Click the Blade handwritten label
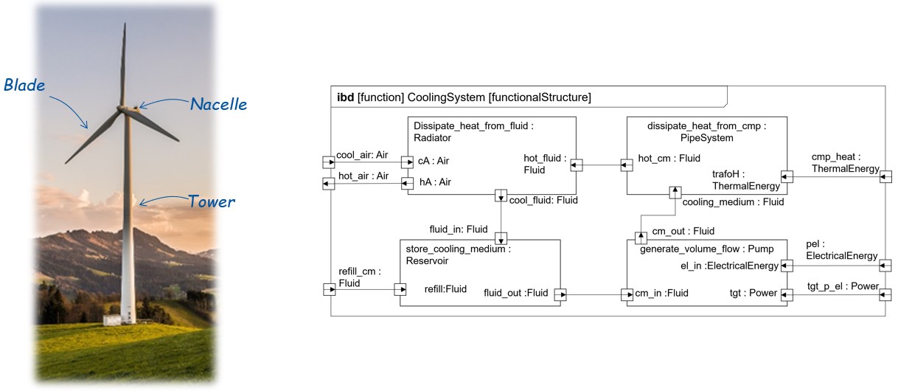(24, 86)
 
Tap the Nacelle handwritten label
(218, 104)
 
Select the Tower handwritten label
(212, 201)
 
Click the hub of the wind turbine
(123, 108)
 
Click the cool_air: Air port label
(363, 155)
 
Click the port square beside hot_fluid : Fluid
(577, 165)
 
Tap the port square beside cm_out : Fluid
(641, 238)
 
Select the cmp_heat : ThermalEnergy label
(845, 163)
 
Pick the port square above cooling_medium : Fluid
(674, 193)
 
